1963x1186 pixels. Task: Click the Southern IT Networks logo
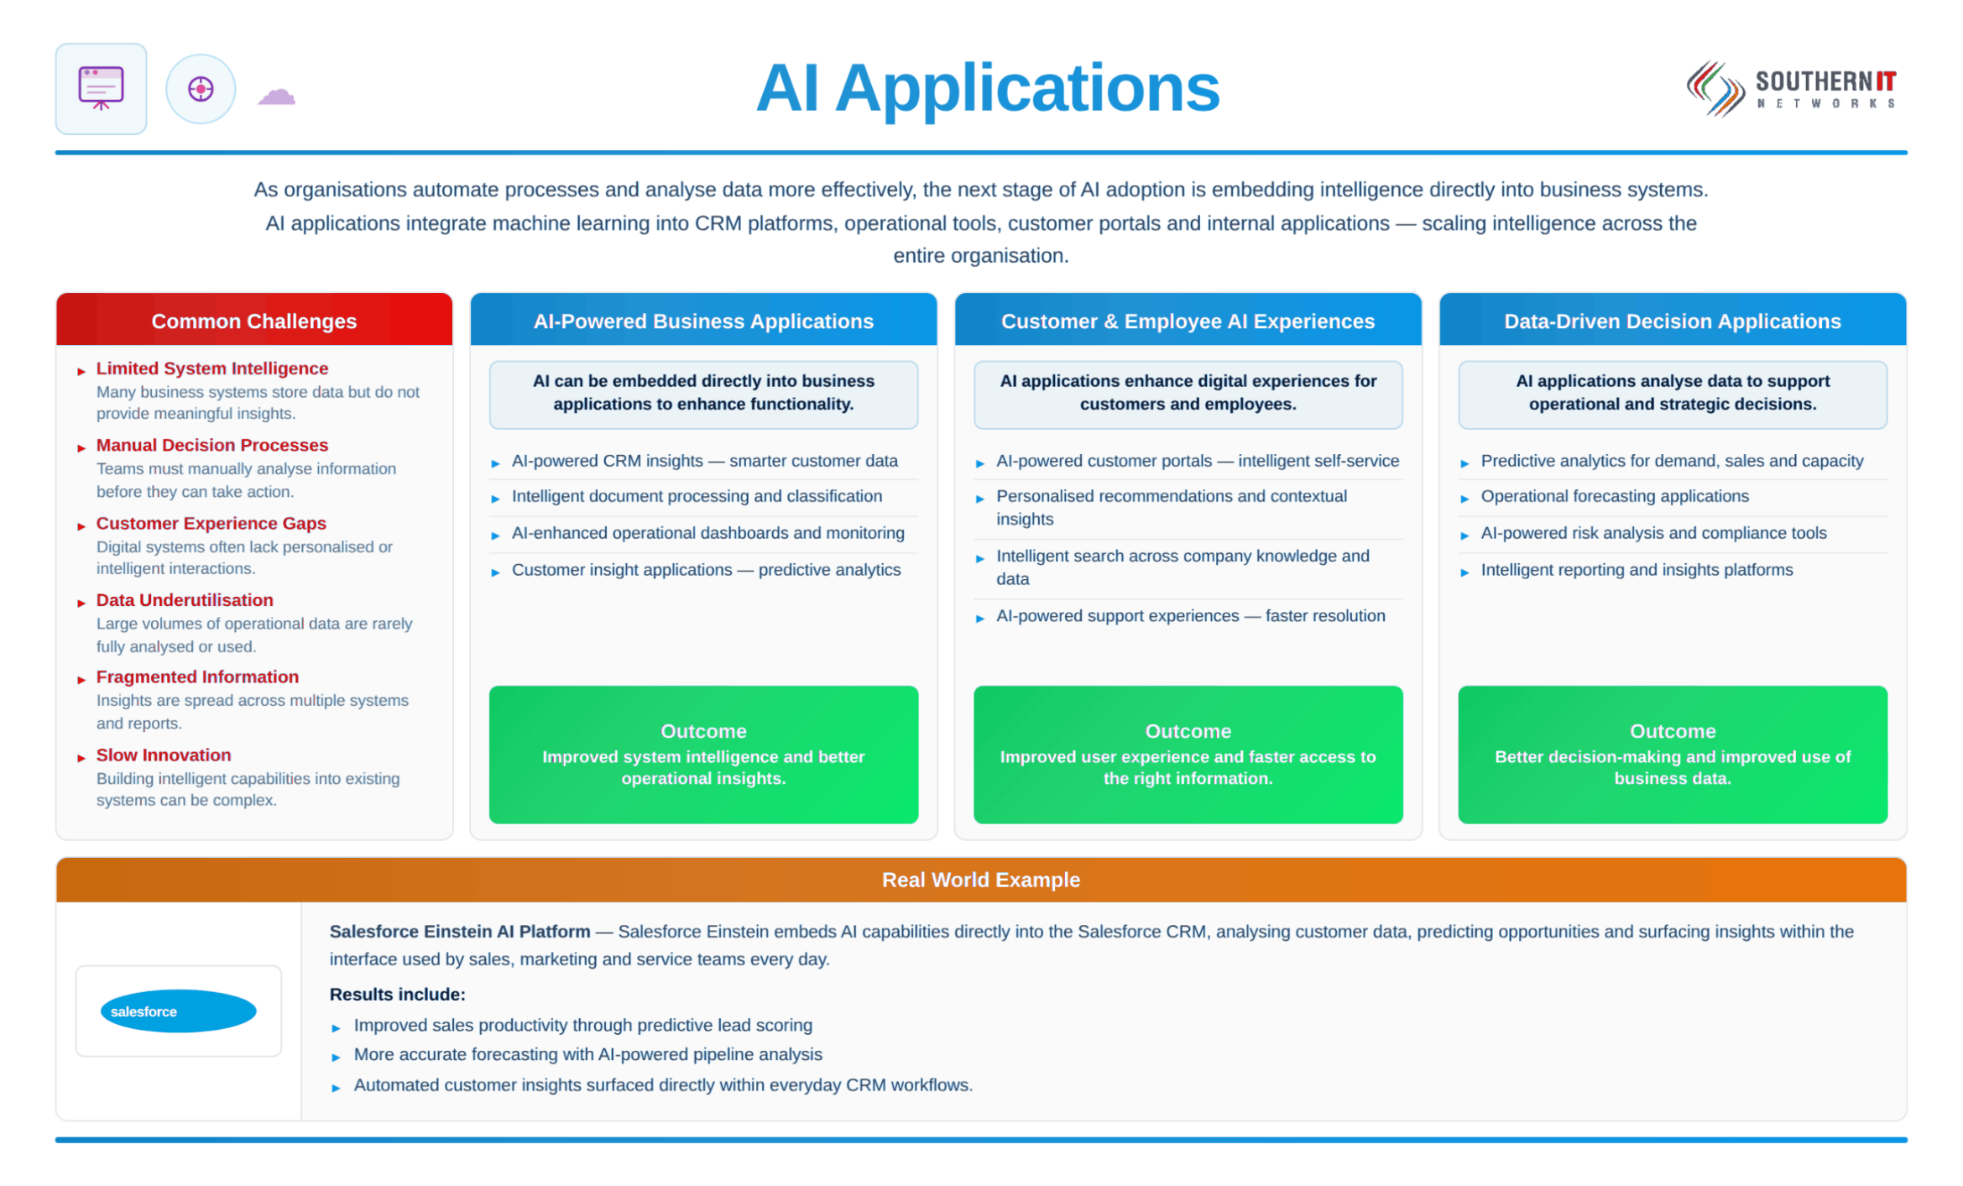(x=1791, y=89)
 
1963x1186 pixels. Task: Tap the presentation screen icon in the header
(x=101, y=88)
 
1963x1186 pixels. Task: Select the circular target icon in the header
(x=201, y=88)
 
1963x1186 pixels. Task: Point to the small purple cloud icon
(x=276, y=96)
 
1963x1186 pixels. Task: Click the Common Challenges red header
(x=254, y=320)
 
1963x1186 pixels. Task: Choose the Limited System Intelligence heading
(x=212, y=368)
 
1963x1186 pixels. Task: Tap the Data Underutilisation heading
(x=185, y=599)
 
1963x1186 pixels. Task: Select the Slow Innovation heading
(x=164, y=755)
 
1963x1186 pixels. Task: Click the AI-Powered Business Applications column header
(x=703, y=320)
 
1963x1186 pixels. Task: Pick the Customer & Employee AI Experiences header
(x=1188, y=320)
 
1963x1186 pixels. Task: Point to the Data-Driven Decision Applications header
(x=1672, y=320)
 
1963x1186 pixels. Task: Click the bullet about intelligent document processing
(x=697, y=496)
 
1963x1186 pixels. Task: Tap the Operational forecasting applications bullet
(x=1614, y=496)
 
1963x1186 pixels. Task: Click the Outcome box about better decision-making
(x=1672, y=754)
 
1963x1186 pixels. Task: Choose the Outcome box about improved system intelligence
(x=703, y=754)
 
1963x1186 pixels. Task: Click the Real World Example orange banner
(x=980, y=879)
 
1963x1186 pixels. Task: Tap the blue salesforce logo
(x=178, y=1011)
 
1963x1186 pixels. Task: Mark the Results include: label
(x=397, y=994)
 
